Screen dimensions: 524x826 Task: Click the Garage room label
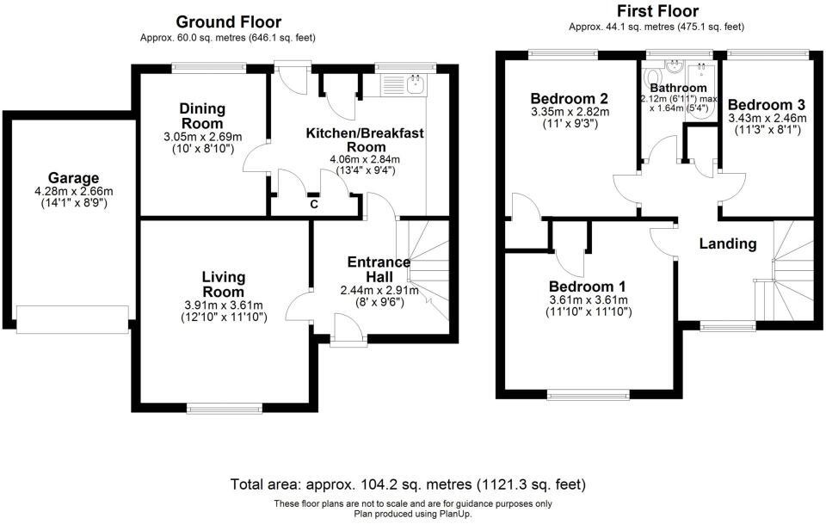coord(73,178)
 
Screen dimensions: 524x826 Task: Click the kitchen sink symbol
coord(416,83)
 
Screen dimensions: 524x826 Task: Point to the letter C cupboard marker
coord(314,205)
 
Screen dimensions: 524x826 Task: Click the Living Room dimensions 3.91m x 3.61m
coord(224,305)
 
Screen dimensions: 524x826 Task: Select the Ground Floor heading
coord(228,22)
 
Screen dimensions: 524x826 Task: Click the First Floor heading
coord(657,11)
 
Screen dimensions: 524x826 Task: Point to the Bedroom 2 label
coord(569,97)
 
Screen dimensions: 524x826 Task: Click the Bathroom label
coord(678,88)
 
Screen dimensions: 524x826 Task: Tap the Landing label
coord(727,244)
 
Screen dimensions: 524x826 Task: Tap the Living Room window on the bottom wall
coord(225,408)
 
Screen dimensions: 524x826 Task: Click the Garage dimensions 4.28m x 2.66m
coord(73,193)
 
